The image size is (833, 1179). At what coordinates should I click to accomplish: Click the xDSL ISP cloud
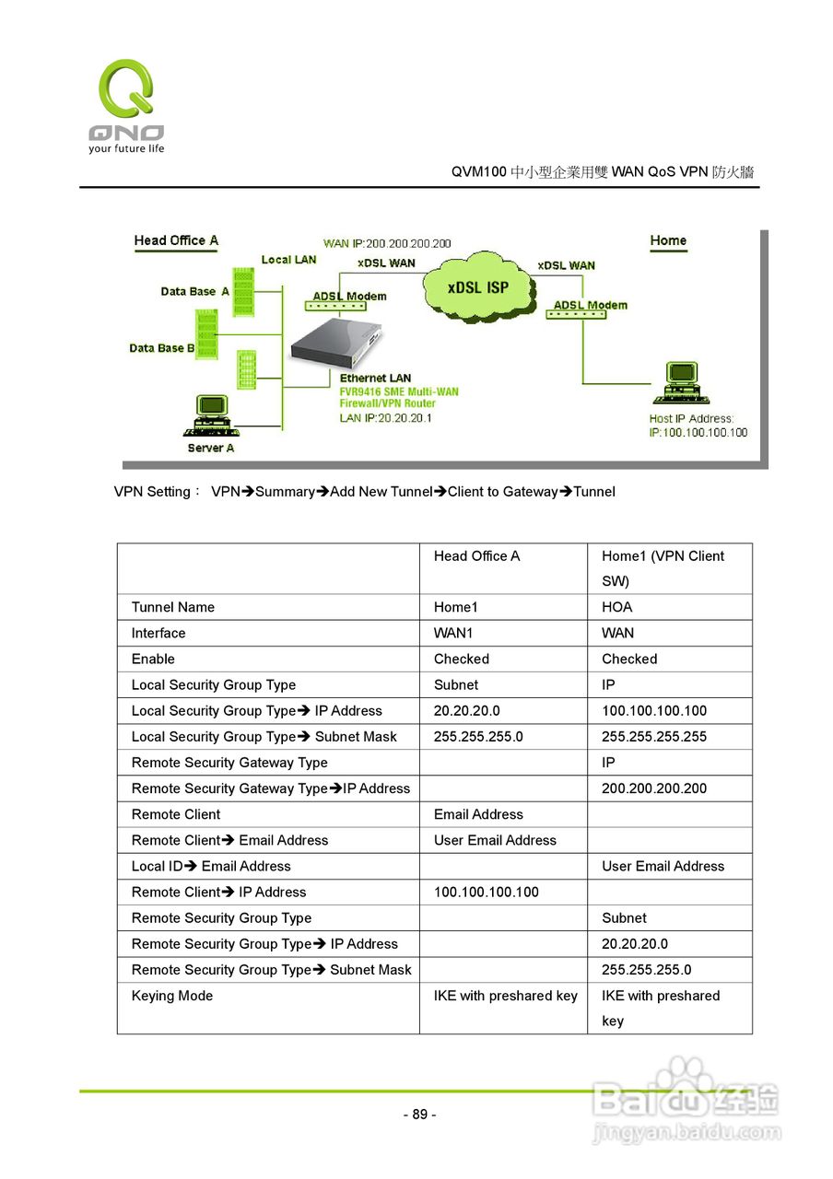(478, 286)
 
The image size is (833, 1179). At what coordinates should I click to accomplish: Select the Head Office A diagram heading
(176, 241)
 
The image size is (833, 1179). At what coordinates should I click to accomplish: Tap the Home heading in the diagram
(668, 241)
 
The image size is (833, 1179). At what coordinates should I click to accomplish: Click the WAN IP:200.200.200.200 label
(387, 244)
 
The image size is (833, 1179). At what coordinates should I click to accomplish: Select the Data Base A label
(194, 292)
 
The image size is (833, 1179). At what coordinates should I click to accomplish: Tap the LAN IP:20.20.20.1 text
(385, 418)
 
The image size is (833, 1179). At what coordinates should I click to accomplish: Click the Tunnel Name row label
(173, 607)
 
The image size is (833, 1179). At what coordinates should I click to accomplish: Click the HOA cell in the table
(616, 607)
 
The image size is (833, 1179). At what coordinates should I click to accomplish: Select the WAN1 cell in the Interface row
(453, 633)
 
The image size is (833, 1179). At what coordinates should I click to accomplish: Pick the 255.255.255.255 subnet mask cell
(654, 737)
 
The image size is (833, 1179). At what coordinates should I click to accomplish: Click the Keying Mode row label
(172, 996)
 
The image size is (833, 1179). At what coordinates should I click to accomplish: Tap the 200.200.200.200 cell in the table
(654, 788)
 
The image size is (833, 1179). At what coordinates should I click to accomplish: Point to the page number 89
(419, 1115)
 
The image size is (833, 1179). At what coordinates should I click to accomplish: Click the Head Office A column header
(476, 556)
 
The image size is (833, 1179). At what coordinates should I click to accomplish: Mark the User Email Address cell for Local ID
(663, 866)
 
